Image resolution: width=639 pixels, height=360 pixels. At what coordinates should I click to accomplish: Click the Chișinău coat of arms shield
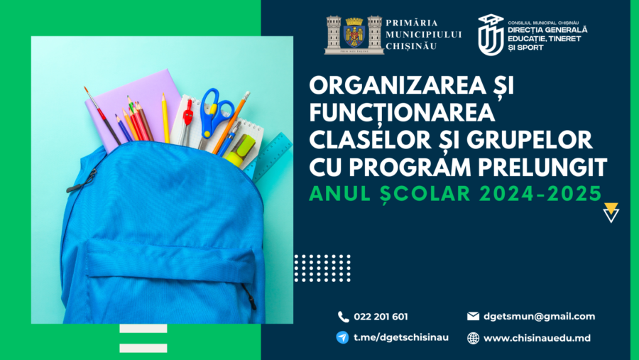[x=354, y=34]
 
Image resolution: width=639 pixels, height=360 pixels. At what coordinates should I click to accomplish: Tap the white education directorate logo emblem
[x=491, y=35]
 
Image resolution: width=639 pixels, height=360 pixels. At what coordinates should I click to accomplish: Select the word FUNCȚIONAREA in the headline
[x=402, y=112]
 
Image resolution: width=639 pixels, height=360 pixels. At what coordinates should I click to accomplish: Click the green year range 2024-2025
[x=540, y=193]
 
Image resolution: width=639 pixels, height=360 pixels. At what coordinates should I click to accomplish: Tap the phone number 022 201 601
[x=381, y=317]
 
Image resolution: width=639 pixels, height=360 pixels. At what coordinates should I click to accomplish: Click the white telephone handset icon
[x=343, y=317]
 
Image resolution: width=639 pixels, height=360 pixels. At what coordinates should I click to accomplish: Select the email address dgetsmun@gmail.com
[x=539, y=317]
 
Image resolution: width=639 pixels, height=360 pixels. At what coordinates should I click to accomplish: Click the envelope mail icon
[x=473, y=316]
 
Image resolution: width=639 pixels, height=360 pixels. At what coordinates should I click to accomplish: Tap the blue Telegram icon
[x=342, y=337]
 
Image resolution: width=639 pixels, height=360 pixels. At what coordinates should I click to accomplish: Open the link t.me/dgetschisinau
[x=401, y=337]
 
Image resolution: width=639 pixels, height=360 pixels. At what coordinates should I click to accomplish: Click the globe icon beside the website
[x=473, y=338]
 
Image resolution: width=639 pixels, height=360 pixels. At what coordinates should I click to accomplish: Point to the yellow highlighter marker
[x=241, y=151]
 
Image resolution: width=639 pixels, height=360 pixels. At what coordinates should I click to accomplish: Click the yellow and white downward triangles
[x=611, y=212]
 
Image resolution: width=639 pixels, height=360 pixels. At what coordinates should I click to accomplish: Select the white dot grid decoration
[x=322, y=268]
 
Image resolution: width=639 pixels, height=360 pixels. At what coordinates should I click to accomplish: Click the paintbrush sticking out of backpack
[x=102, y=115]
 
